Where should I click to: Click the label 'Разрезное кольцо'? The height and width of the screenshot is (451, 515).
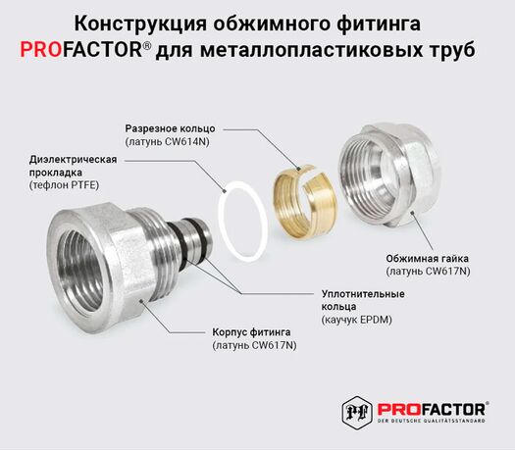coord(170,128)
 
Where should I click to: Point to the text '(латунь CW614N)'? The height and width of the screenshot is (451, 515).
coord(167,141)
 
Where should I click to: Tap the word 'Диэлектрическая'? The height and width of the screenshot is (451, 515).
coord(73,159)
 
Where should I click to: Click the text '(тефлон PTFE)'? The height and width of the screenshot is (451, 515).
coord(64,185)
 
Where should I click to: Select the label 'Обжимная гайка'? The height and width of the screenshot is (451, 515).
coord(427,258)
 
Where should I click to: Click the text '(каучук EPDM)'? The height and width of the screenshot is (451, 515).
coord(357,320)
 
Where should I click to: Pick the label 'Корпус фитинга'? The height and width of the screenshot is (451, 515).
coord(251,332)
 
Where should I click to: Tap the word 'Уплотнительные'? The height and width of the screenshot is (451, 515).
coord(363,293)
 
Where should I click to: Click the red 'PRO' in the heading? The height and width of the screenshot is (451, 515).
coord(41,50)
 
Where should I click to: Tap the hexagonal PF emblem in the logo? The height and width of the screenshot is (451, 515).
coord(357,412)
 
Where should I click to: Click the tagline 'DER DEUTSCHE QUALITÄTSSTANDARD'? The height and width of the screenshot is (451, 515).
coord(432,421)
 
